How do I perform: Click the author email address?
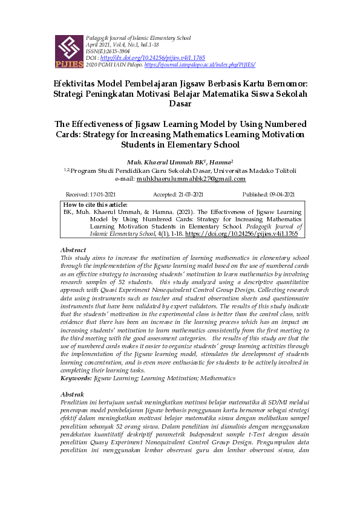[x=191, y=179]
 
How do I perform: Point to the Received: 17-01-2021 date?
[x=90, y=195]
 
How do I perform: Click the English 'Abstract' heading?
[x=73, y=250]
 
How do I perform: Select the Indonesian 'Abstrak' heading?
[x=73, y=394]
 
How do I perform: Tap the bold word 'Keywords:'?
[x=76, y=378]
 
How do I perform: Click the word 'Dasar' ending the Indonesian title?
[x=180, y=103]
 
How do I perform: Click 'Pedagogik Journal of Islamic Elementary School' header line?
[x=139, y=38]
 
